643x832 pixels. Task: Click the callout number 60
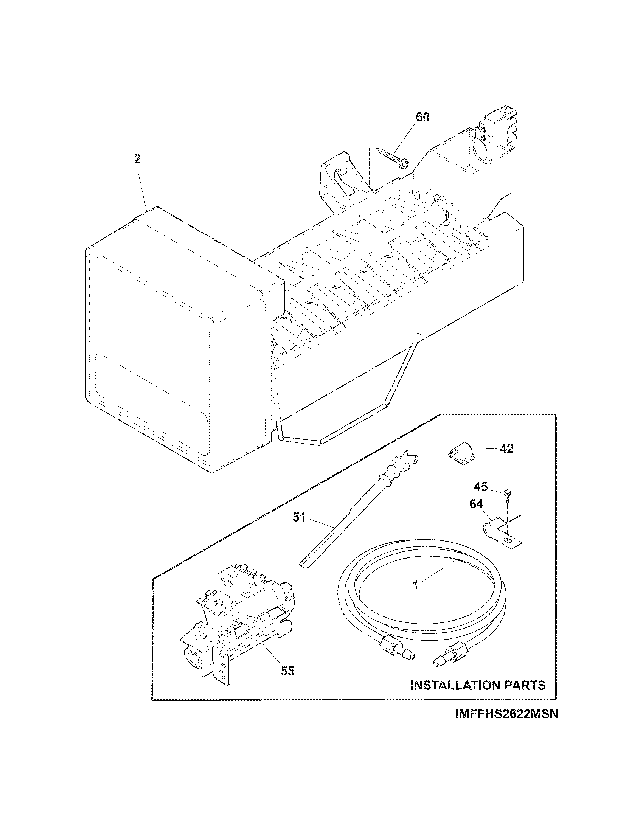pyautogui.click(x=422, y=117)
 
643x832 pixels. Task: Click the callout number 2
pyautogui.click(x=137, y=159)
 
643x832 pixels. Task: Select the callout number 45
pyautogui.click(x=481, y=486)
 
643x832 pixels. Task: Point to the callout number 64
pyautogui.click(x=476, y=504)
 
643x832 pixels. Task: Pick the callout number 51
pyautogui.click(x=300, y=517)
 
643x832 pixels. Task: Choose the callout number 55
pyautogui.click(x=287, y=671)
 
